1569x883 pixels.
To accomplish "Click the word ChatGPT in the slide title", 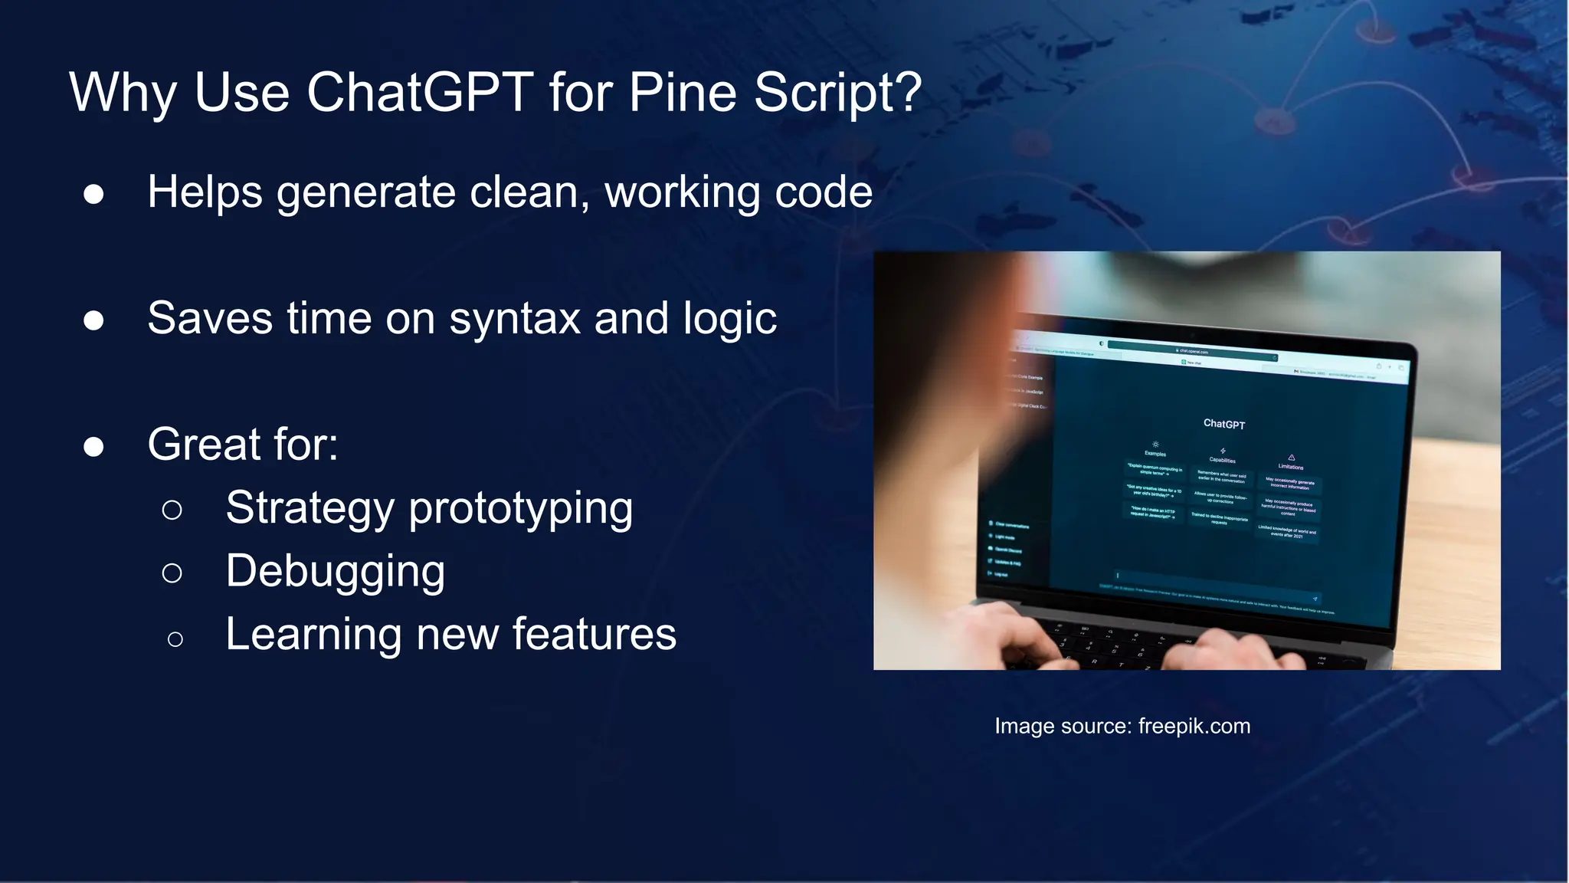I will pyautogui.click(x=420, y=93).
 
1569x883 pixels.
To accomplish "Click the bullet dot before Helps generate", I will pyautogui.click(x=93, y=194).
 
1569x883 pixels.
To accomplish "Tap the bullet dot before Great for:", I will pyautogui.click(x=93, y=446).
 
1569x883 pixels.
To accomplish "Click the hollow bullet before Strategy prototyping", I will pyautogui.click(x=172, y=510).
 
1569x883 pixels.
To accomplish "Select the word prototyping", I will pyautogui.click(x=521, y=509).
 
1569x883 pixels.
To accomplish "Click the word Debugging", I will pyautogui.click(x=335, y=572).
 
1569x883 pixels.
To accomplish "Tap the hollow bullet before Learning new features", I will pyautogui.click(x=175, y=638).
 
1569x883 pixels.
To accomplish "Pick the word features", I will pyautogui.click(x=594, y=635).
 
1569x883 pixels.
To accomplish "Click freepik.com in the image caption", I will pyautogui.click(x=1194, y=726).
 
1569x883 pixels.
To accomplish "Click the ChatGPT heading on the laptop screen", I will pyautogui.click(x=1223, y=424).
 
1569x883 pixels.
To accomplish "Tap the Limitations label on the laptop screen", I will pyautogui.click(x=1290, y=467).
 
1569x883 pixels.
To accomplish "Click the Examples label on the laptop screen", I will pyautogui.click(x=1155, y=454).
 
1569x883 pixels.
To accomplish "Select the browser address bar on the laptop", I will pyautogui.click(x=1192, y=351).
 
